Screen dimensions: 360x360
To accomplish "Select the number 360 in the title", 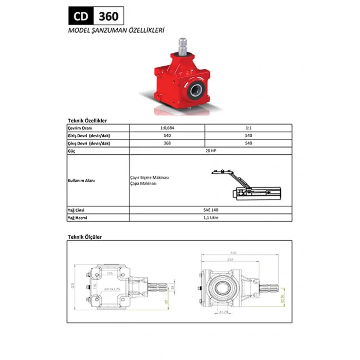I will coord(107,16).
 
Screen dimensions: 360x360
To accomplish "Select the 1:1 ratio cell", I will coord(249,128).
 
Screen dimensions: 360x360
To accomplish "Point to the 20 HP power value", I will coord(208,152).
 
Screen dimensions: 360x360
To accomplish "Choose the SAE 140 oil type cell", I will coord(208,210).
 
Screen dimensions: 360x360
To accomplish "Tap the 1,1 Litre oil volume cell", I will coord(208,218).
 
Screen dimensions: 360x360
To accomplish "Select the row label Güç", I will coord(71,152).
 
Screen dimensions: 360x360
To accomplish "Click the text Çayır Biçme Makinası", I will coord(150,177).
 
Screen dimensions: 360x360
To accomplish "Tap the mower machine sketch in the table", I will coord(255,185).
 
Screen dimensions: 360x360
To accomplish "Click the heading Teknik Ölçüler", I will coord(85,237).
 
